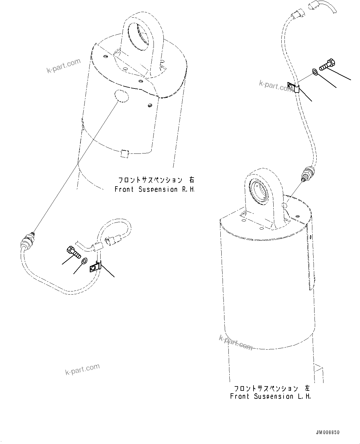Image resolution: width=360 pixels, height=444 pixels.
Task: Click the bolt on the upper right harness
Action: (325, 65)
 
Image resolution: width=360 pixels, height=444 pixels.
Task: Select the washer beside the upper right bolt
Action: (314, 72)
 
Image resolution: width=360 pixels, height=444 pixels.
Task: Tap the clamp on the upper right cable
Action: (294, 88)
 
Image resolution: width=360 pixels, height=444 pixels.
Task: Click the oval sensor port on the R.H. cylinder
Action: (121, 95)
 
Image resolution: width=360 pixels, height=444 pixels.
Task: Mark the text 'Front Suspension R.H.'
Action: (155, 189)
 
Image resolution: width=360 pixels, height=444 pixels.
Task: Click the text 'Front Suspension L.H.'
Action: (270, 396)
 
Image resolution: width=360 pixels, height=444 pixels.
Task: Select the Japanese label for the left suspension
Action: (271, 388)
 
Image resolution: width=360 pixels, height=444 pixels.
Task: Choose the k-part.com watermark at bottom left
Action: (82, 369)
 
